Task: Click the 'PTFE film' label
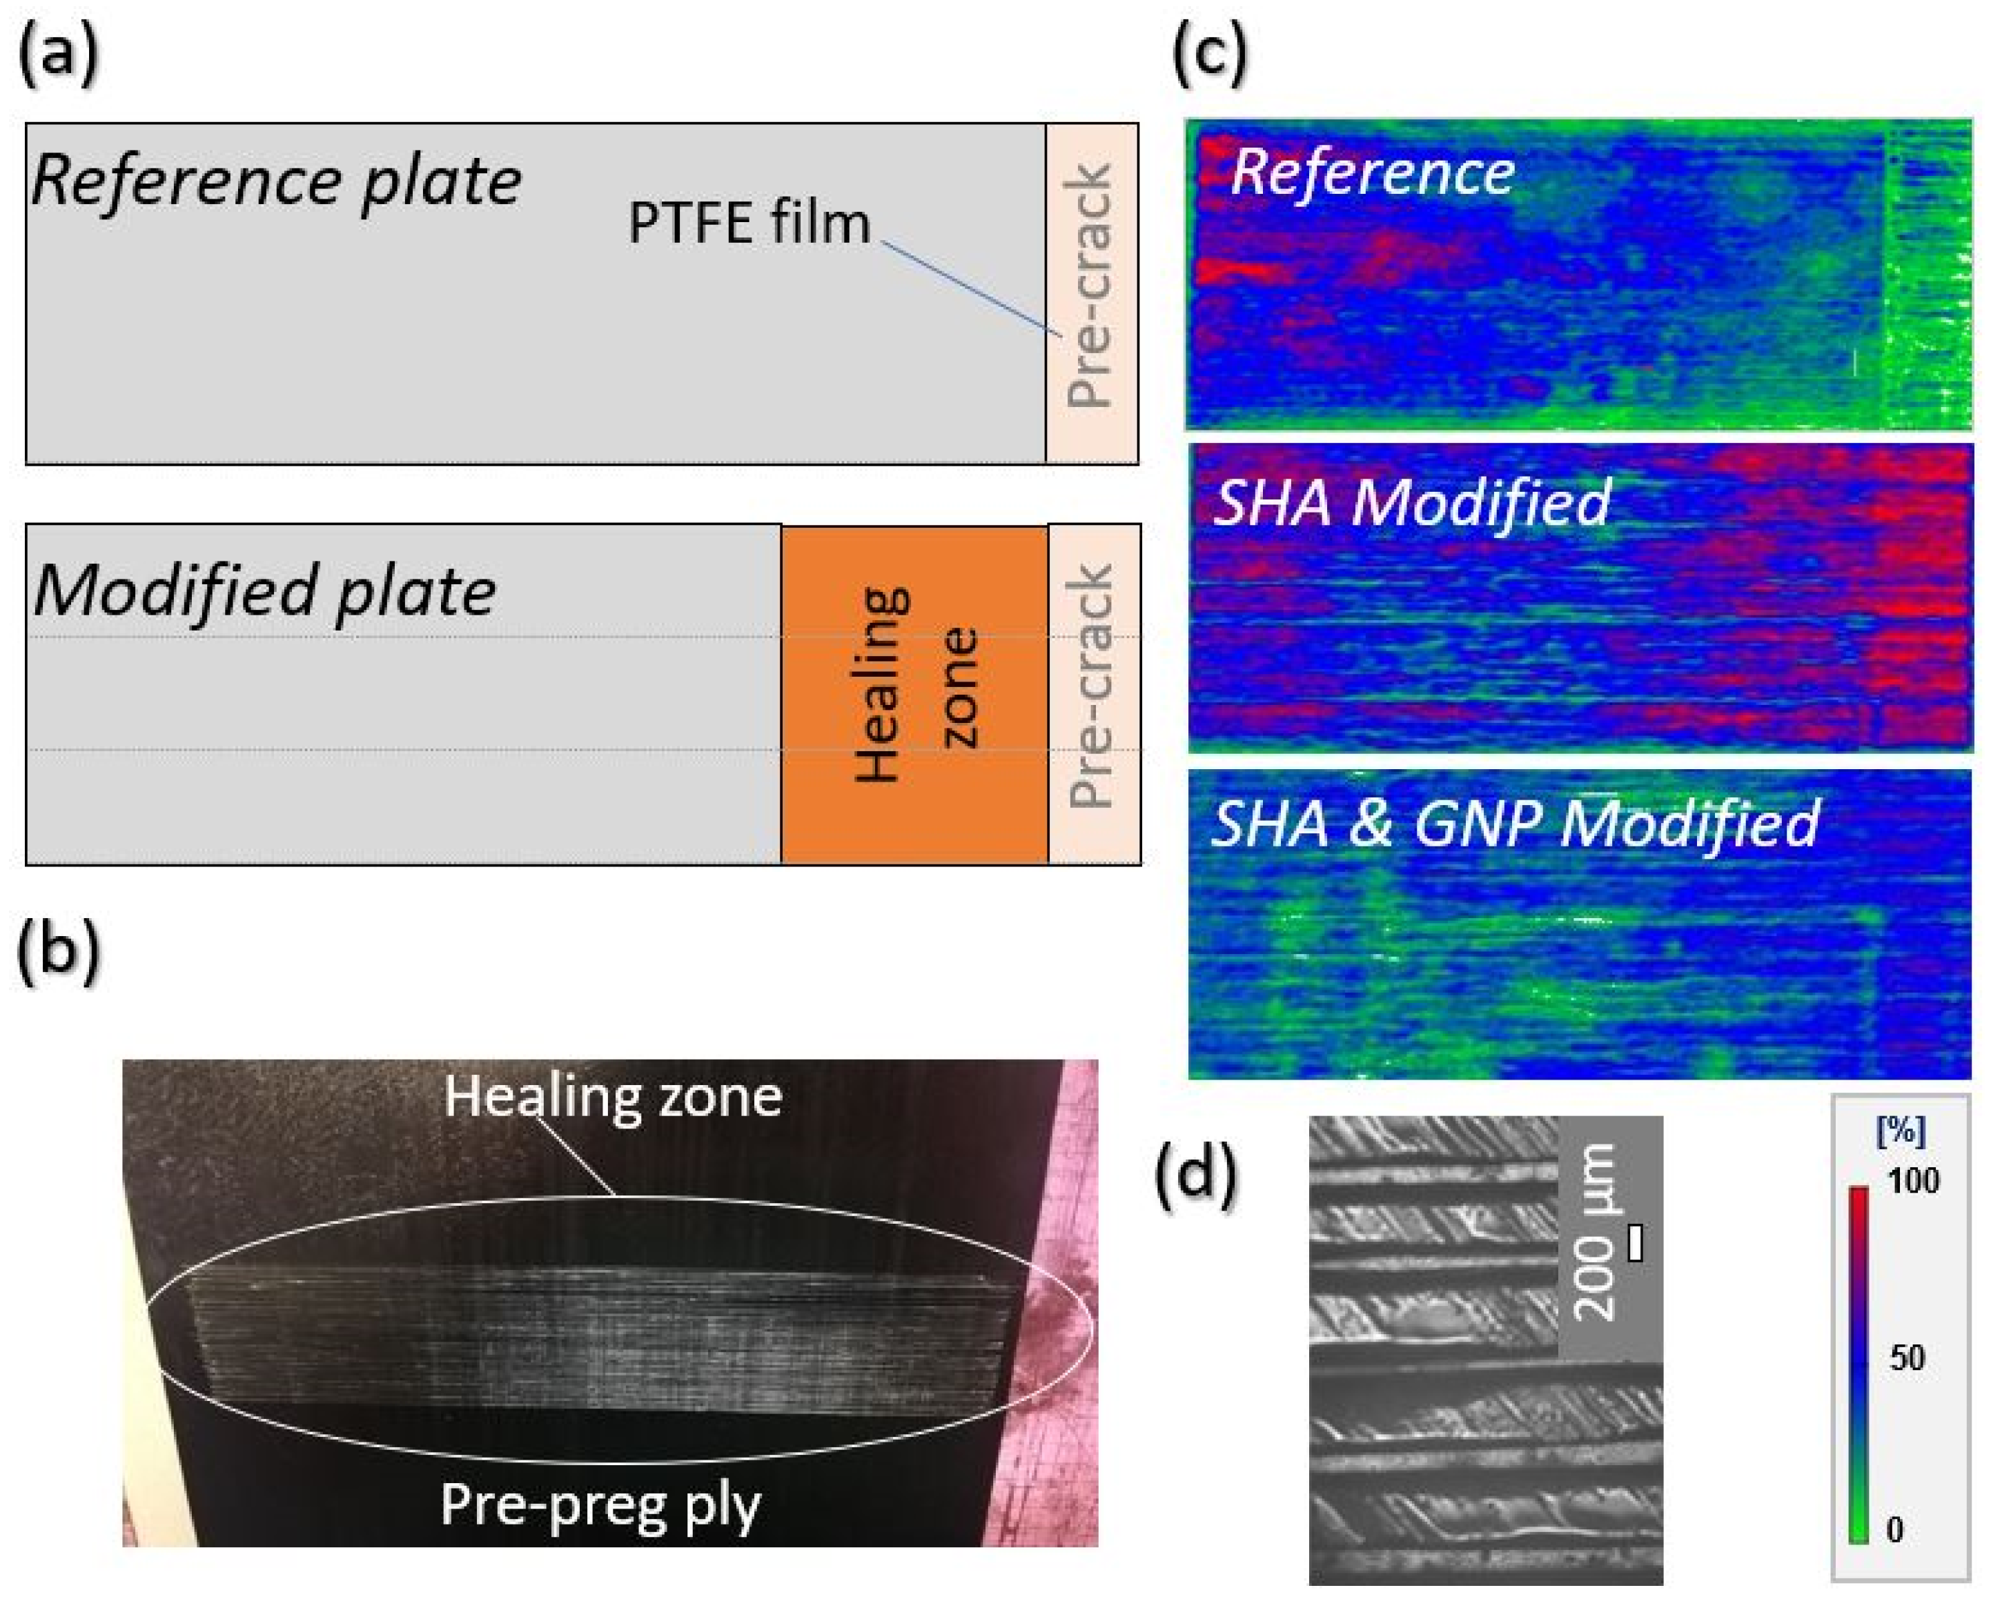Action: [x=749, y=223]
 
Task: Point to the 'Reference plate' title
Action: [x=276, y=180]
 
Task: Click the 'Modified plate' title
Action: [x=265, y=591]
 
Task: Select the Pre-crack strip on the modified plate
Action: [x=1092, y=694]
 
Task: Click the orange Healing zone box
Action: [x=914, y=694]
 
